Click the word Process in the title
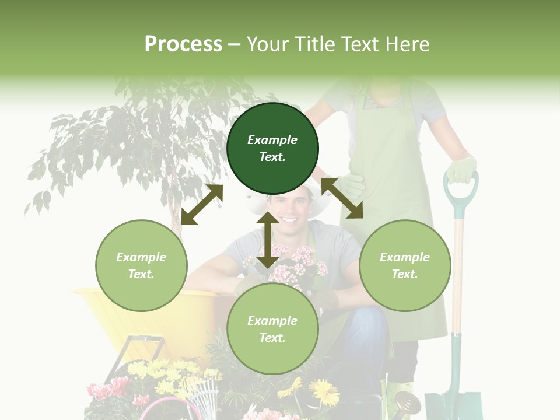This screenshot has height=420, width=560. pos(183,44)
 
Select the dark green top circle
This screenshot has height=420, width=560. pos(272,148)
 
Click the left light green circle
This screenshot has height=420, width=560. pos(141,265)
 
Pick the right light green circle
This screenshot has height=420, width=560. pos(405,265)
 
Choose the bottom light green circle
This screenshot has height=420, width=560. pos(272,329)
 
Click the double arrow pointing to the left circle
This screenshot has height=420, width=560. pos(202,205)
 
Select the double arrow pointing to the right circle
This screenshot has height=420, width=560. pos(342,198)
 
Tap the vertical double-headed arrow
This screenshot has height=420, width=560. pos(267,240)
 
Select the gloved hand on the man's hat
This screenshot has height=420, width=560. pos(350,185)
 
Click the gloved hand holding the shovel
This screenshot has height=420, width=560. pos(461,169)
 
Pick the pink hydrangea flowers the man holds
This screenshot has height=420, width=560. pos(295,265)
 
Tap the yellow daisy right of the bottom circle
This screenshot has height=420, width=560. pos(324,391)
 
